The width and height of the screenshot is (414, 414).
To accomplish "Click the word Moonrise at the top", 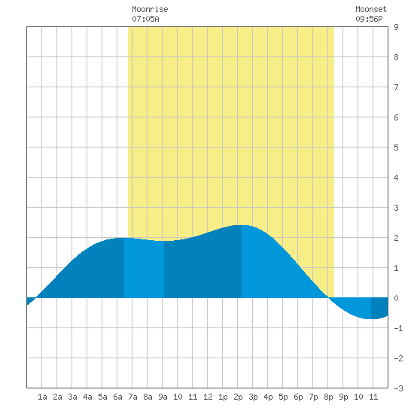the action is [150, 9].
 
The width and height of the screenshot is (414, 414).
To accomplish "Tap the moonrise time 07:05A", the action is [145, 19].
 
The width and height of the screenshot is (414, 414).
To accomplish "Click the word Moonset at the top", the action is [371, 9].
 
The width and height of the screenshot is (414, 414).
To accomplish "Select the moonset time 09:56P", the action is [369, 19].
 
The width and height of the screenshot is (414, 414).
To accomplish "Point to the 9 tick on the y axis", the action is [396, 27].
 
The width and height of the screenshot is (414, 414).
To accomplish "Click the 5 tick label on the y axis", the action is [396, 148].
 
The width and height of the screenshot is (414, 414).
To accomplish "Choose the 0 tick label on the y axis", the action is [396, 298].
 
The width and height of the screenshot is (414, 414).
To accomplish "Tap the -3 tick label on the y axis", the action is [398, 388].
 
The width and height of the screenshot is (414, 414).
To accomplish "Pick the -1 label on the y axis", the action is [398, 328].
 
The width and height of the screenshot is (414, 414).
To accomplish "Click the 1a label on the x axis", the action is [42, 397].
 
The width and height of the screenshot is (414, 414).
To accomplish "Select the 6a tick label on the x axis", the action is [117, 397].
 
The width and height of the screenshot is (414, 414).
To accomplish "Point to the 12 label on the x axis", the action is [208, 397].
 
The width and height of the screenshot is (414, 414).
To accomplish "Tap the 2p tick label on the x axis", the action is [238, 397].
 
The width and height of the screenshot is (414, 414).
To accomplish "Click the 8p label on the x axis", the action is [328, 397].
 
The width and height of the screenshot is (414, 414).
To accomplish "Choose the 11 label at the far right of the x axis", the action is [373, 397].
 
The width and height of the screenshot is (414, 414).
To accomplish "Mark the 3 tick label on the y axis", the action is [396, 208].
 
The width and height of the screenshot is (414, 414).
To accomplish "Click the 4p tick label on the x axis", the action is [268, 397].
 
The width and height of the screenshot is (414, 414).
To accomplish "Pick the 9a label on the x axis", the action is [163, 397].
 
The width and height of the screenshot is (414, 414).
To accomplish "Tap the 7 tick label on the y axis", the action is [396, 87].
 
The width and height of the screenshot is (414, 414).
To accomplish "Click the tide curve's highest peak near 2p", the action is [242, 225].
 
